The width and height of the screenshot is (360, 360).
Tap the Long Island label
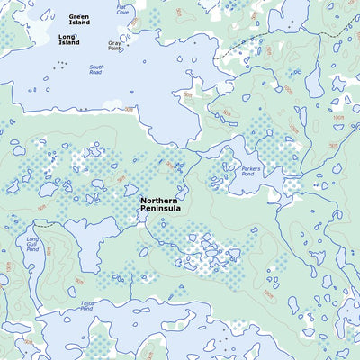(68, 40)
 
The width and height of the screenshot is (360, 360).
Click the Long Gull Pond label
(32, 244)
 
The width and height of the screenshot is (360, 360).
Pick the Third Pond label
(87, 307)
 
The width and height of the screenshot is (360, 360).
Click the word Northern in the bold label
(163, 200)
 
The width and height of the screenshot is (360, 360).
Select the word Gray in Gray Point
(115, 42)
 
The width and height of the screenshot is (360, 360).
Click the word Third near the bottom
(87, 304)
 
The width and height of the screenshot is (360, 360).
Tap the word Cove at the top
(122, 13)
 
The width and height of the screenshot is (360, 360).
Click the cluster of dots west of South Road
(60, 64)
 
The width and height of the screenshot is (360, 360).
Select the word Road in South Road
(96, 73)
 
